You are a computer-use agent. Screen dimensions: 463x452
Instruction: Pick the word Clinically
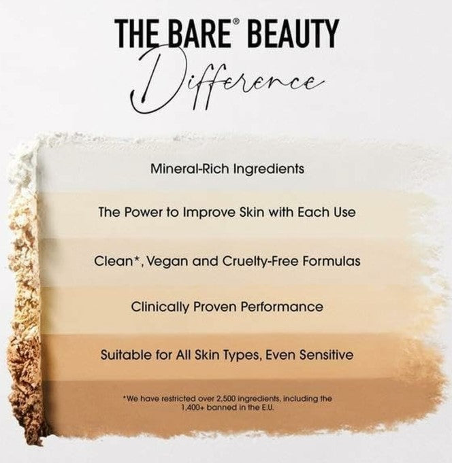click(159, 307)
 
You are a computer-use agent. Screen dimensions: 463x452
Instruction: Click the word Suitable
click(123, 354)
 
